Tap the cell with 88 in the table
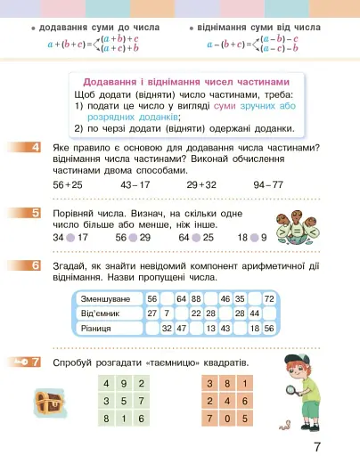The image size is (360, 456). (x=196, y=298)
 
